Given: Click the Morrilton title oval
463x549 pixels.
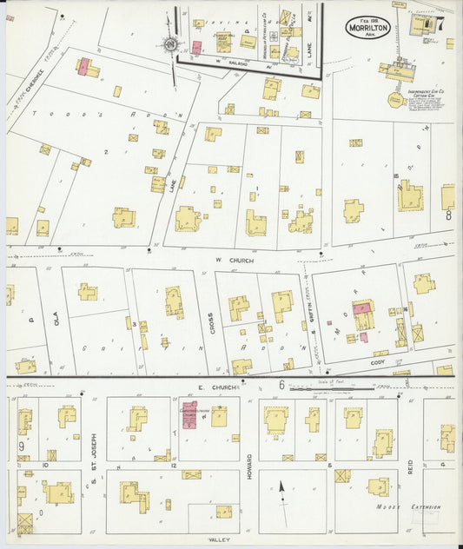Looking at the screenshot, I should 368,27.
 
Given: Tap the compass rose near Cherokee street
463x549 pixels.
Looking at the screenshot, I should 169,44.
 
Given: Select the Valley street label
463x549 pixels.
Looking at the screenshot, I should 218,539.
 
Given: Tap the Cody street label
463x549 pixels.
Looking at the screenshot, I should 377,363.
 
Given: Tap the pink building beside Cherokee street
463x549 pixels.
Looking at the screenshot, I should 83,67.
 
